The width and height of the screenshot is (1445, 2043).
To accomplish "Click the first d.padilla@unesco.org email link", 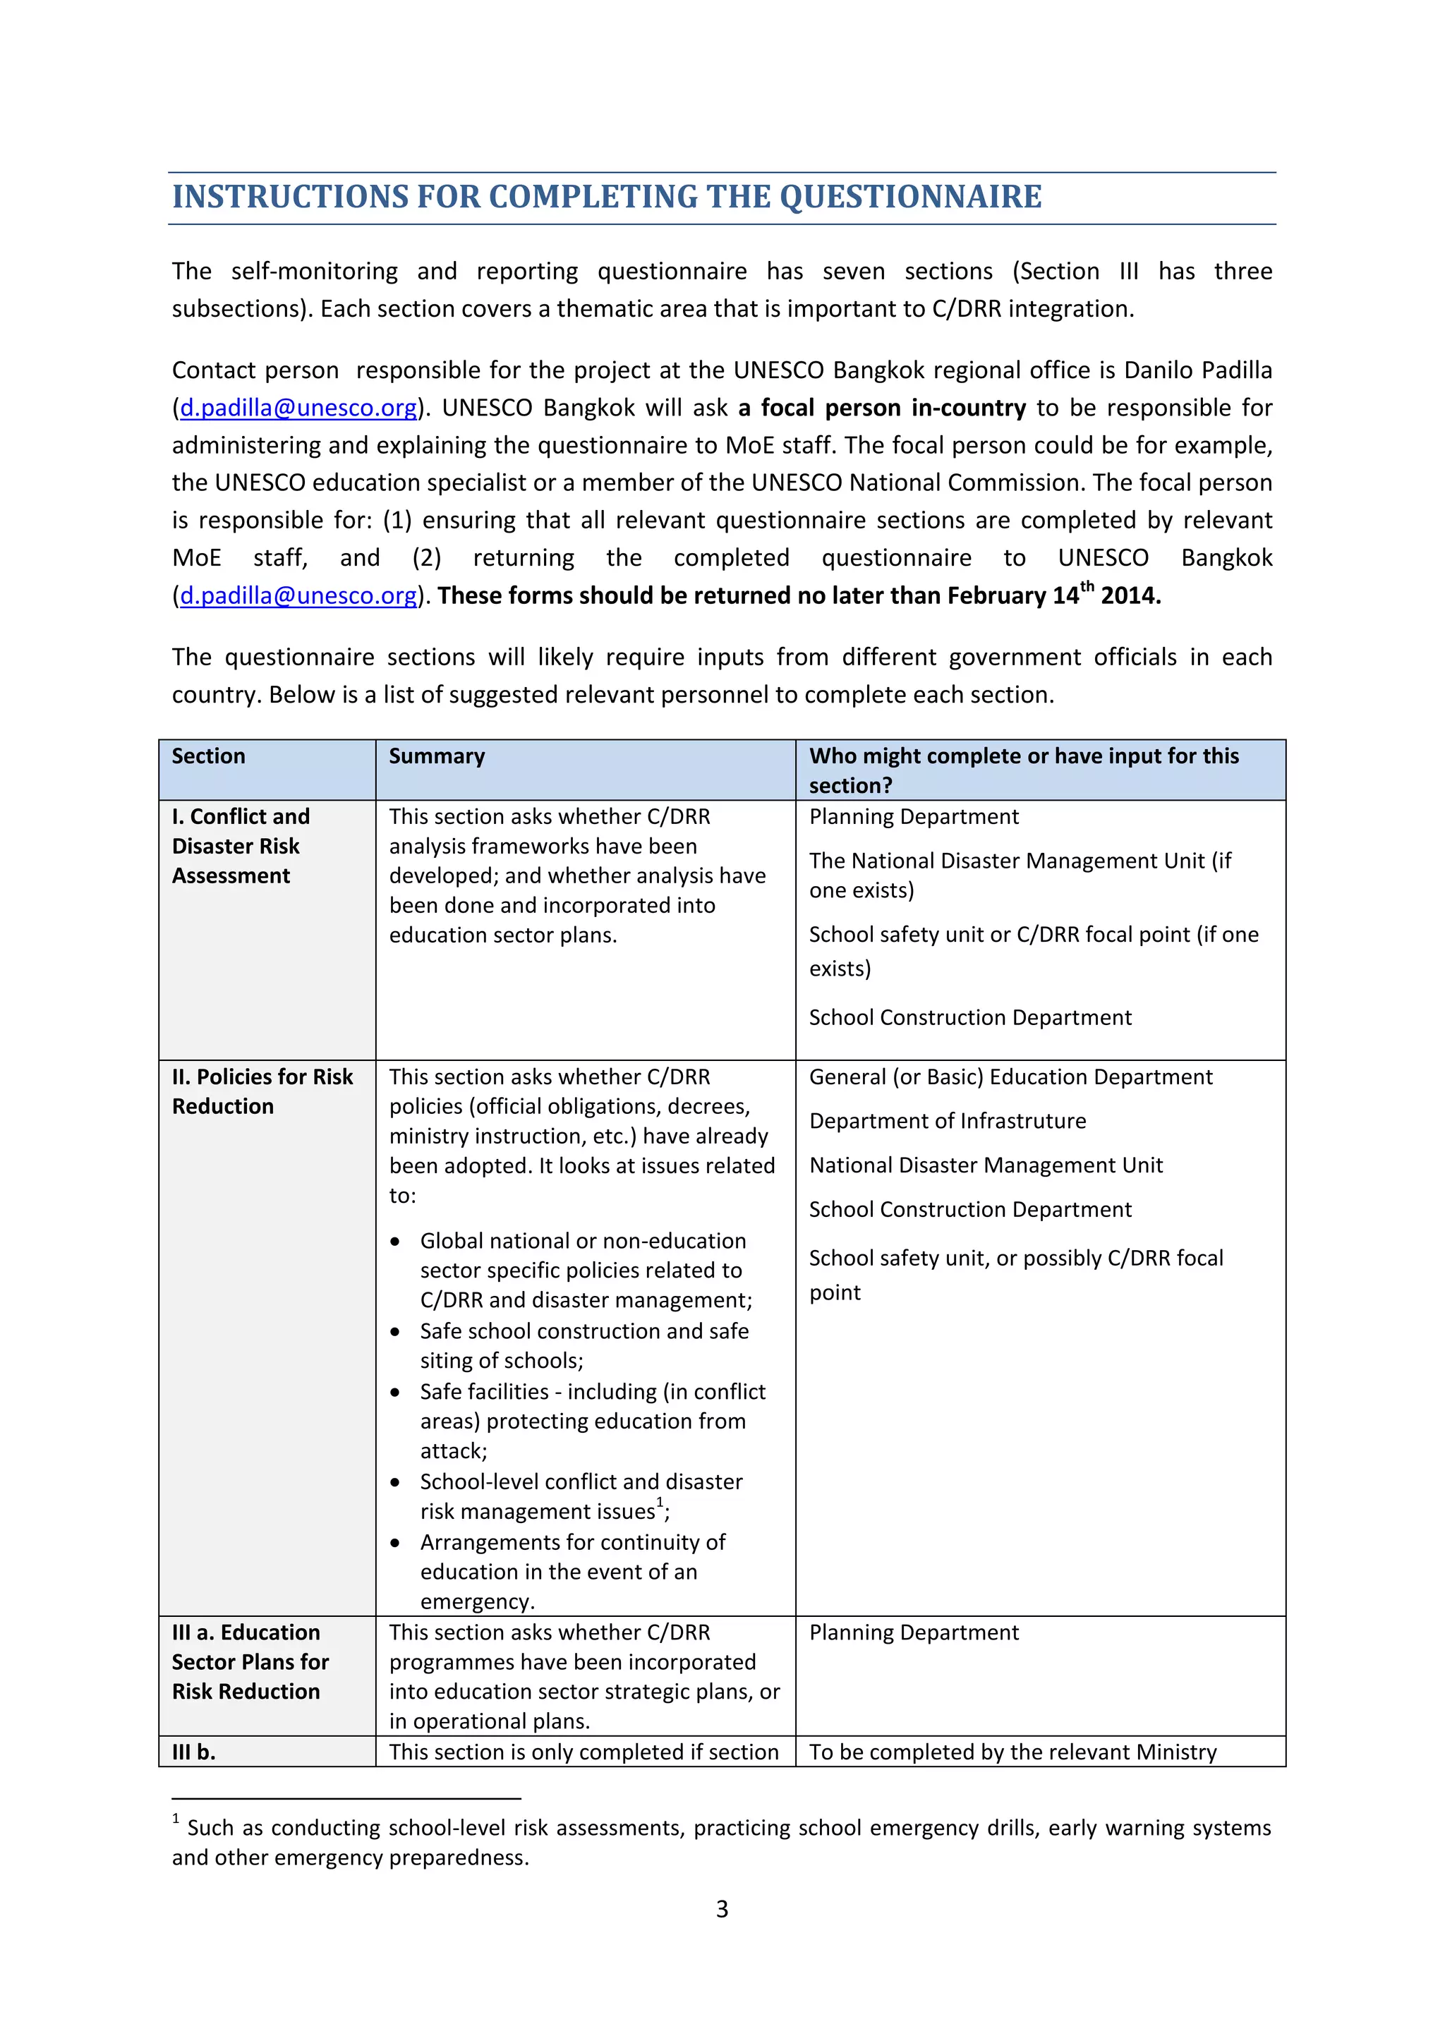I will click(298, 408).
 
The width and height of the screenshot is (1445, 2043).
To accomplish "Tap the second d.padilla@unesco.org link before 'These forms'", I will click(298, 595).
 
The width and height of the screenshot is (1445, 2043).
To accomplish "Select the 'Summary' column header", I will click(437, 756).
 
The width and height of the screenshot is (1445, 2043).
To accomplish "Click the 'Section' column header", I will click(208, 756).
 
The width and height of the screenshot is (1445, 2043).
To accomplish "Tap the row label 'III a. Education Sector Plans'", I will click(249, 1661).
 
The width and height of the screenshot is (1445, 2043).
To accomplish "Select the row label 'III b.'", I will click(193, 1752).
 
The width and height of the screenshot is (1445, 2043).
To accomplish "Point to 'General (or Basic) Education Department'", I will click(1010, 1077).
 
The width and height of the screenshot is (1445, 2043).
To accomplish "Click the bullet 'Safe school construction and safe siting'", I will click(584, 1345).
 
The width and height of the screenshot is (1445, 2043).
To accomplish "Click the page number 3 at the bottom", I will click(722, 1909).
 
